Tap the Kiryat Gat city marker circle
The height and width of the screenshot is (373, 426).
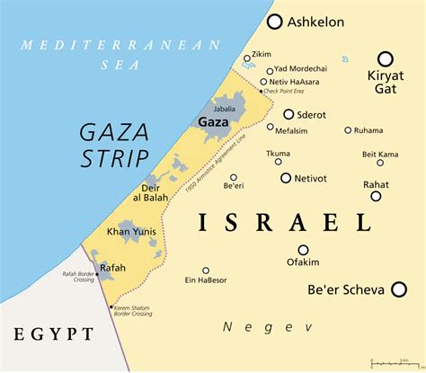pos(386,57)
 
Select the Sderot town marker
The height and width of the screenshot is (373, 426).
pos(288,114)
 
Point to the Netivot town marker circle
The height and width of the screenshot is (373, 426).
pos(286,178)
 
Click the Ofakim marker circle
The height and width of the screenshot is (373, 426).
pos(303,250)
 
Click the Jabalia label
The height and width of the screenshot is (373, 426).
pos(225,108)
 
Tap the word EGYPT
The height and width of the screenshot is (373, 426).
pos(53,335)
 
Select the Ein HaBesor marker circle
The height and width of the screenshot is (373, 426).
pos(206,270)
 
